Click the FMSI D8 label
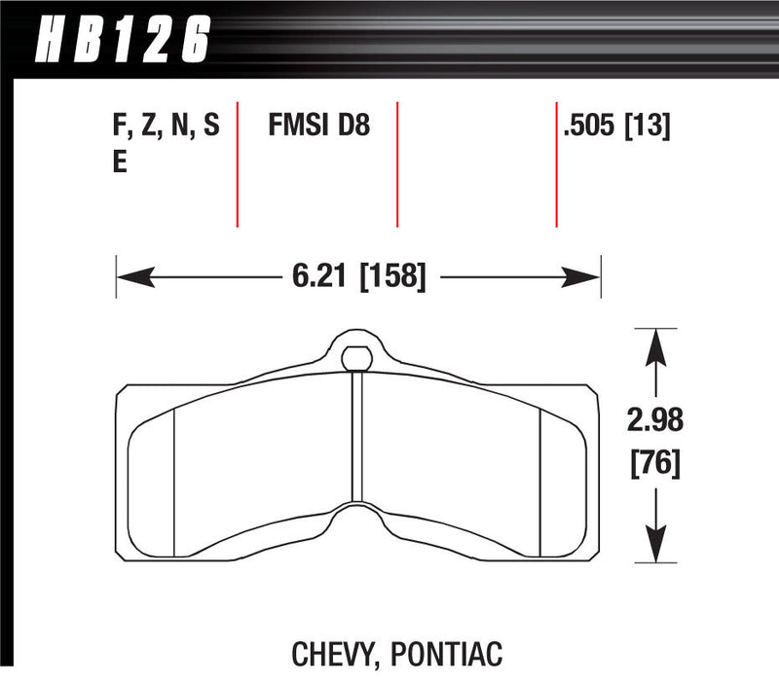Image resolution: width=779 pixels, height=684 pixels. [x=318, y=126]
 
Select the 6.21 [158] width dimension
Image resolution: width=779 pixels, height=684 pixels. [x=358, y=276]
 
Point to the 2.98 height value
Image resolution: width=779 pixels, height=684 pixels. [x=654, y=422]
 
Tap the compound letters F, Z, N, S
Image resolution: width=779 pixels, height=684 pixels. [x=166, y=126]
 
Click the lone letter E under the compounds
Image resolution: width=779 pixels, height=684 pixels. [x=120, y=162]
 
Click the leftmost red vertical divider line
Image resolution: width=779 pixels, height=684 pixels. [x=238, y=162]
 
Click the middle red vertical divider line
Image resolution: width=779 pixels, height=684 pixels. [x=397, y=162]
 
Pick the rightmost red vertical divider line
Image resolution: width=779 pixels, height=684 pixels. [x=556, y=162]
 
